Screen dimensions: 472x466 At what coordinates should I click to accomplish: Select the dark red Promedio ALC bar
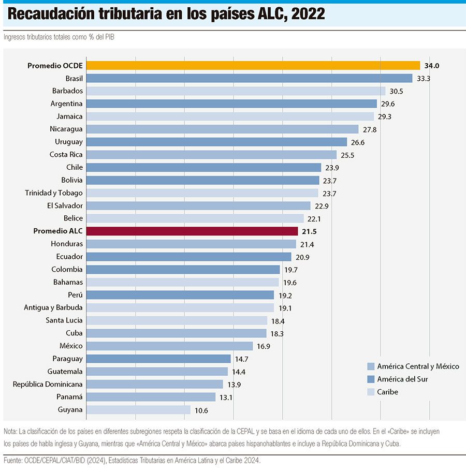coord(192,231)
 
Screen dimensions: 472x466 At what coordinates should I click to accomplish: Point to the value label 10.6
coord(202,410)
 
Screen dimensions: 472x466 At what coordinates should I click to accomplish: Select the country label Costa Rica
coord(66,155)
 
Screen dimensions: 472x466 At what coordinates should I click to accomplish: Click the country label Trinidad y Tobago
coord(54,193)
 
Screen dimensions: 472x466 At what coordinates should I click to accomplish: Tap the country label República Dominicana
coord(48,384)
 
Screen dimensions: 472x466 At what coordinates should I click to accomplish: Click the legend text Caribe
coord(388,392)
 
